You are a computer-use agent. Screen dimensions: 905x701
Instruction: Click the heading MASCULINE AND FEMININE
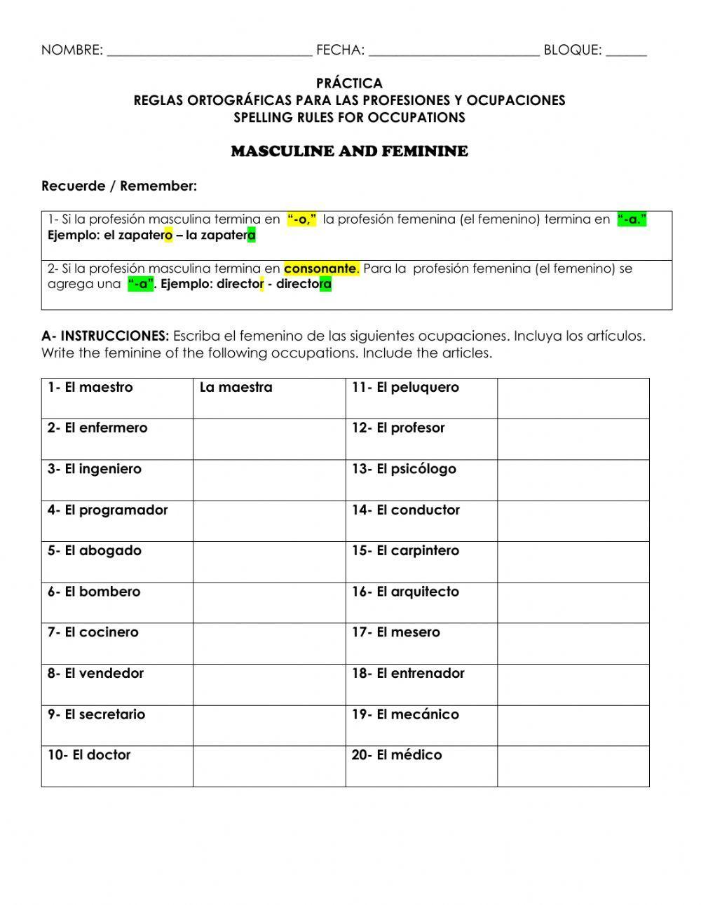point(349,151)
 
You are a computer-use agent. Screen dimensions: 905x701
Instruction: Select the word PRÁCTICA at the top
point(349,83)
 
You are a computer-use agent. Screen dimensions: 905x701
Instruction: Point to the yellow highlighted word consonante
point(320,268)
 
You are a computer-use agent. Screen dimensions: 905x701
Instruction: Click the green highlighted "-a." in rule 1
point(631,219)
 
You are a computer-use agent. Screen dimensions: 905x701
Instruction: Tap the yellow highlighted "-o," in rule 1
point(302,219)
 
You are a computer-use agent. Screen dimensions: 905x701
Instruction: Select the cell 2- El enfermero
point(116,439)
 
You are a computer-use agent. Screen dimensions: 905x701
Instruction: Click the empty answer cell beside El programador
point(268,521)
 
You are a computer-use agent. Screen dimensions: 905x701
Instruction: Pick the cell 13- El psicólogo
point(421,479)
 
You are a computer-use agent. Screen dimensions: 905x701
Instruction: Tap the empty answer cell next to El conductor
point(573,521)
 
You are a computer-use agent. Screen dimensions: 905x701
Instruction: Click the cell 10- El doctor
point(116,765)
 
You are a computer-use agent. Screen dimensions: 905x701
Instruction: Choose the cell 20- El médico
point(421,765)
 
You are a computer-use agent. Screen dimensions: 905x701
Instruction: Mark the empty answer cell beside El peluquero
point(573,398)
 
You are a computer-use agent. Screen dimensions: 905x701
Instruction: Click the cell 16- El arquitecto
point(421,602)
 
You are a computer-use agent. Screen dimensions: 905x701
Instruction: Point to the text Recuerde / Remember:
point(119,186)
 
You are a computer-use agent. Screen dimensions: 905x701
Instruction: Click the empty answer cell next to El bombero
point(268,602)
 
